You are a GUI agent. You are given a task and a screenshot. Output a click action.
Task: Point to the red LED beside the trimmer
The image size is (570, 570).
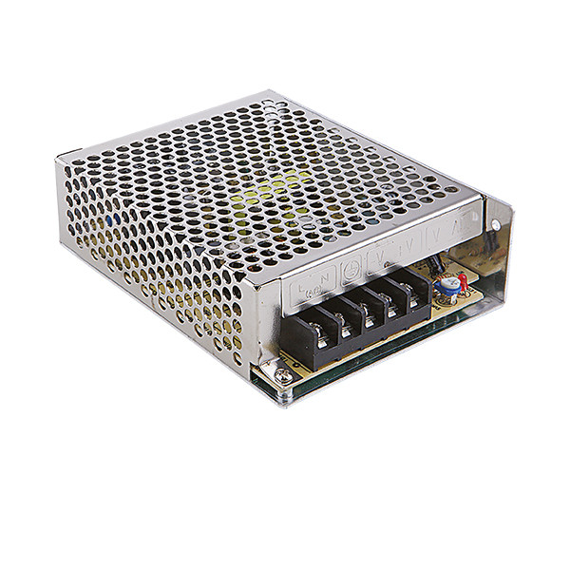463,279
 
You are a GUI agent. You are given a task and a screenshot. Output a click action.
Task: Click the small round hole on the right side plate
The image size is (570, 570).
494,225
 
